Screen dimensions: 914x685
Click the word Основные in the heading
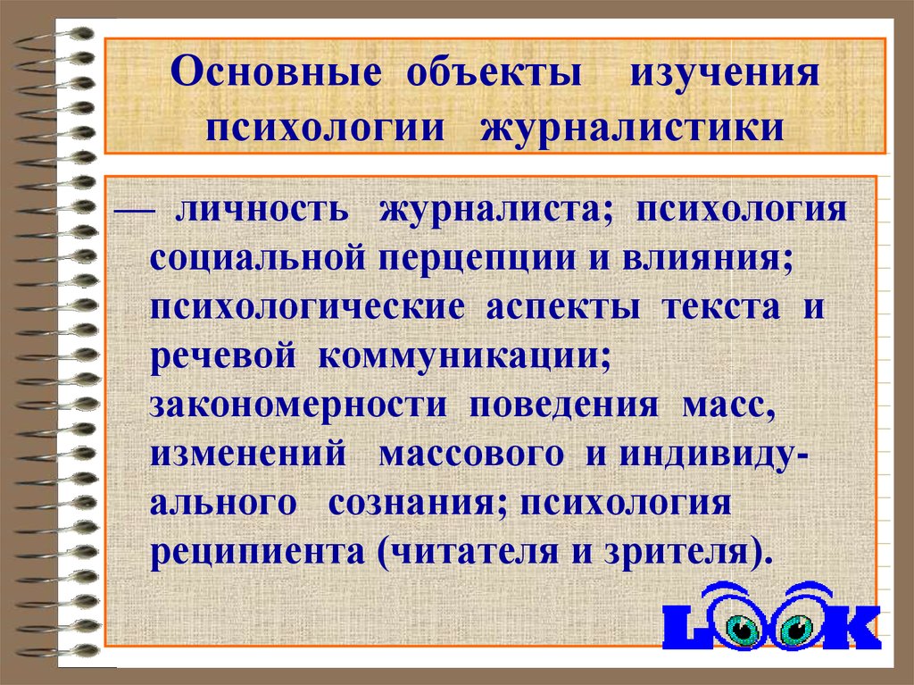pyautogui.click(x=277, y=73)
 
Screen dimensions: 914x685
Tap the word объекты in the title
pyautogui.click(x=494, y=74)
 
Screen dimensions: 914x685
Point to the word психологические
pyautogui.click(x=307, y=308)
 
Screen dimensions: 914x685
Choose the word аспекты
pyautogui.click(x=562, y=308)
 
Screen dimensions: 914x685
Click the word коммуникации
pyautogui.click(x=464, y=357)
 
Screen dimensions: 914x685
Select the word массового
pyautogui.click(x=471, y=455)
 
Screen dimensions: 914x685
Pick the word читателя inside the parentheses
pyautogui.click(x=473, y=552)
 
